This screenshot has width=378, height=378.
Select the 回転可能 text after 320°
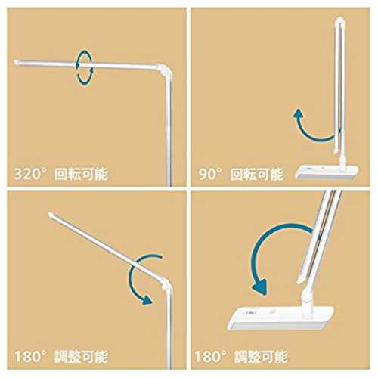82,175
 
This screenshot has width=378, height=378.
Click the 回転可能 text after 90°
257,175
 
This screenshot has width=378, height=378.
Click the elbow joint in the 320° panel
165,70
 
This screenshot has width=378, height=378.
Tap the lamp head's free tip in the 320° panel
17,62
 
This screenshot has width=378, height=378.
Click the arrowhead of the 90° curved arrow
299,113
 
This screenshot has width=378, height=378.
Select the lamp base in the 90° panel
327,172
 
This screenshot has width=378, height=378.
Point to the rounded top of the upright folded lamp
340,20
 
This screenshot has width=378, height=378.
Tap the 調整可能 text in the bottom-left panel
82,357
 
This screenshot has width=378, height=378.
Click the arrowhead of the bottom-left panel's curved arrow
147,299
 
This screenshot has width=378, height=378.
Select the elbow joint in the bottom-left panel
166,284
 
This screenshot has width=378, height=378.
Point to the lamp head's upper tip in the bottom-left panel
51,215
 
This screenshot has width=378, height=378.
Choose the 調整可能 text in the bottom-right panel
261,357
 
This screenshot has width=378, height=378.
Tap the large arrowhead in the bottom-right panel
259,287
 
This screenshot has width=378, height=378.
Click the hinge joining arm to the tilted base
307,297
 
